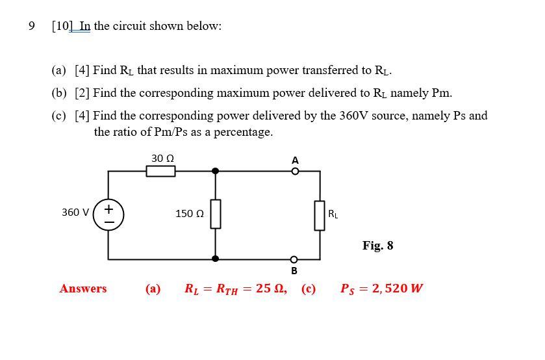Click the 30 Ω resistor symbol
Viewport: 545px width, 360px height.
(160, 171)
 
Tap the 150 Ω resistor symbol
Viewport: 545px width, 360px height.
(216, 214)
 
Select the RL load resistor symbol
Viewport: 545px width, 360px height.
(320, 214)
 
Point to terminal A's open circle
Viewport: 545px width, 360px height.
(294, 172)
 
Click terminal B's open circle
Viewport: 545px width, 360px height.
(294, 259)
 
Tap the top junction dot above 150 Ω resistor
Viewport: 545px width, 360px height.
(216, 171)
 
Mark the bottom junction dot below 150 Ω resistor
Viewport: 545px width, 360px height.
(216, 259)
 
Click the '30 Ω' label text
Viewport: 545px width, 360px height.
(162, 158)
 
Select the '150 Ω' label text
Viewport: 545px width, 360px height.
(190, 213)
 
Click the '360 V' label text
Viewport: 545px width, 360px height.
(75, 212)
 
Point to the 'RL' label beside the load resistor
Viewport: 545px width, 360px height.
(333, 213)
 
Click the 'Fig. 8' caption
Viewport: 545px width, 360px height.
(377, 246)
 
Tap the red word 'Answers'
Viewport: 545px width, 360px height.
(83, 289)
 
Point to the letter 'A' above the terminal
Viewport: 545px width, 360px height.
(295, 160)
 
